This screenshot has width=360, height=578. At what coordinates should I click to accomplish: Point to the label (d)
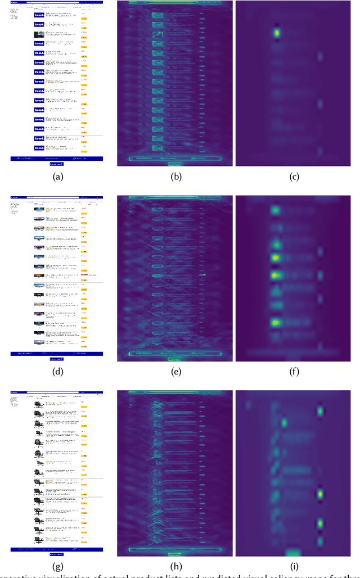(x=57, y=372)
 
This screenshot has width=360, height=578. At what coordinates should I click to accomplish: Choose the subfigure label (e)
(x=174, y=372)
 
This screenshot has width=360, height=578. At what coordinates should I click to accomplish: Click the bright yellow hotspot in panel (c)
(x=277, y=33)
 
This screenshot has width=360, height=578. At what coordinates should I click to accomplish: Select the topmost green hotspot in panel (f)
(x=276, y=211)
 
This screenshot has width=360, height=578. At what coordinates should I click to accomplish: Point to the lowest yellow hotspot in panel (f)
(x=276, y=323)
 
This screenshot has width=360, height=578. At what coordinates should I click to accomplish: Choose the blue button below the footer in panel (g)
(x=56, y=553)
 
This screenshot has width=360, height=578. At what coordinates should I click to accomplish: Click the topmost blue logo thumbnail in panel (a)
(x=39, y=15)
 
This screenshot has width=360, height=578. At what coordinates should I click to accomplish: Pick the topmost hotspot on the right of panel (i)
(x=320, y=411)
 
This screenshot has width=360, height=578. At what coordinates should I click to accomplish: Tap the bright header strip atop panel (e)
(x=174, y=197)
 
